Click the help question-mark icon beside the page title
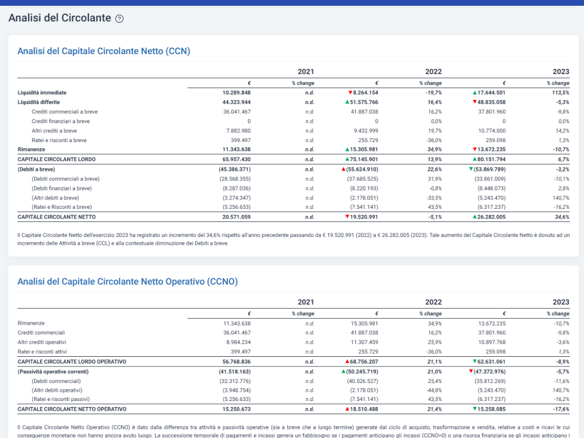click(x=119, y=18)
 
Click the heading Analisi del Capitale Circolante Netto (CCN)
click(x=104, y=51)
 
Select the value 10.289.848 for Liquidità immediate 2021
click(x=237, y=92)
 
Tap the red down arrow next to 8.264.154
click(x=350, y=92)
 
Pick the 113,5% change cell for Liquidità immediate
click(x=561, y=92)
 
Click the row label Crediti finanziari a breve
click(x=61, y=121)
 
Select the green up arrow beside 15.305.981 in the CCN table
click(x=347, y=149)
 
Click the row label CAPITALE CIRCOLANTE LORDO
click(x=56, y=159)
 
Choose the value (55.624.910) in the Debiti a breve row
click(x=362, y=169)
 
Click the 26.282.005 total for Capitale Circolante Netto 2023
click(x=492, y=217)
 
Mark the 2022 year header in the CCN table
click(x=434, y=72)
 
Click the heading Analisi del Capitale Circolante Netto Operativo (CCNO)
click(x=128, y=281)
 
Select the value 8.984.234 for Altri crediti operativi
click(x=238, y=342)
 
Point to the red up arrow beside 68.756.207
click(x=347, y=362)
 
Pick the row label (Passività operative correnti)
click(x=53, y=372)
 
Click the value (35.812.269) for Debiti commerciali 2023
click(x=490, y=382)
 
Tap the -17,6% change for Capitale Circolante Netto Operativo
click(x=561, y=409)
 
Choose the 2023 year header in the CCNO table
click(x=561, y=302)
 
